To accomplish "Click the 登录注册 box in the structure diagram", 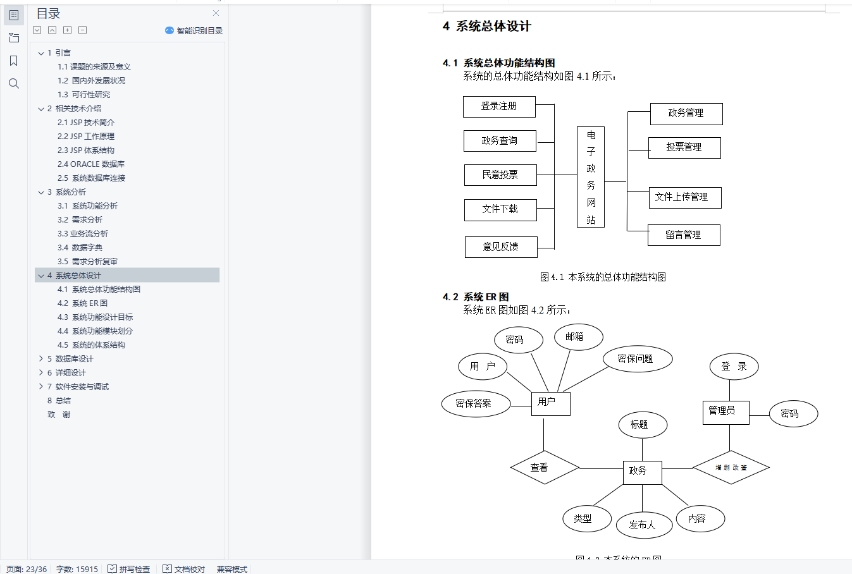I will pyautogui.click(x=499, y=107).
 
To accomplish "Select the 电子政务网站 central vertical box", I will pyautogui.click(x=591, y=177).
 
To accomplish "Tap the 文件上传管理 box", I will pyautogui.click(x=684, y=198).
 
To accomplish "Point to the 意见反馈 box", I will pyautogui.click(x=501, y=247).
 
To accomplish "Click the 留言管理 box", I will pyautogui.click(x=684, y=235).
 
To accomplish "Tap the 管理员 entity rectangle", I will pyautogui.click(x=726, y=412).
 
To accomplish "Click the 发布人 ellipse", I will pyautogui.click(x=642, y=525).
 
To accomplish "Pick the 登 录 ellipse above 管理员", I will pyautogui.click(x=734, y=367).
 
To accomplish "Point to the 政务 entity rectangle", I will pyautogui.click(x=642, y=472).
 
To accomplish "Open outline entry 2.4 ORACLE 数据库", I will pyautogui.click(x=91, y=164).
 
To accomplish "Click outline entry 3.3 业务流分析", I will pyautogui.click(x=83, y=234).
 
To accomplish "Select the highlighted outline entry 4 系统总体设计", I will pyautogui.click(x=78, y=276).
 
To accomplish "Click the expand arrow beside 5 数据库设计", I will pyautogui.click(x=41, y=359).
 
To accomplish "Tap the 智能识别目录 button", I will pyautogui.click(x=194, y=30).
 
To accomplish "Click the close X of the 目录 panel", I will pyautogui.click(x=216, y=13).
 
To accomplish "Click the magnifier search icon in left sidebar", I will pyautogui.click(x=14, y=83).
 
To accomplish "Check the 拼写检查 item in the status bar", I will pyautogui.click(x=129, y=569).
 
